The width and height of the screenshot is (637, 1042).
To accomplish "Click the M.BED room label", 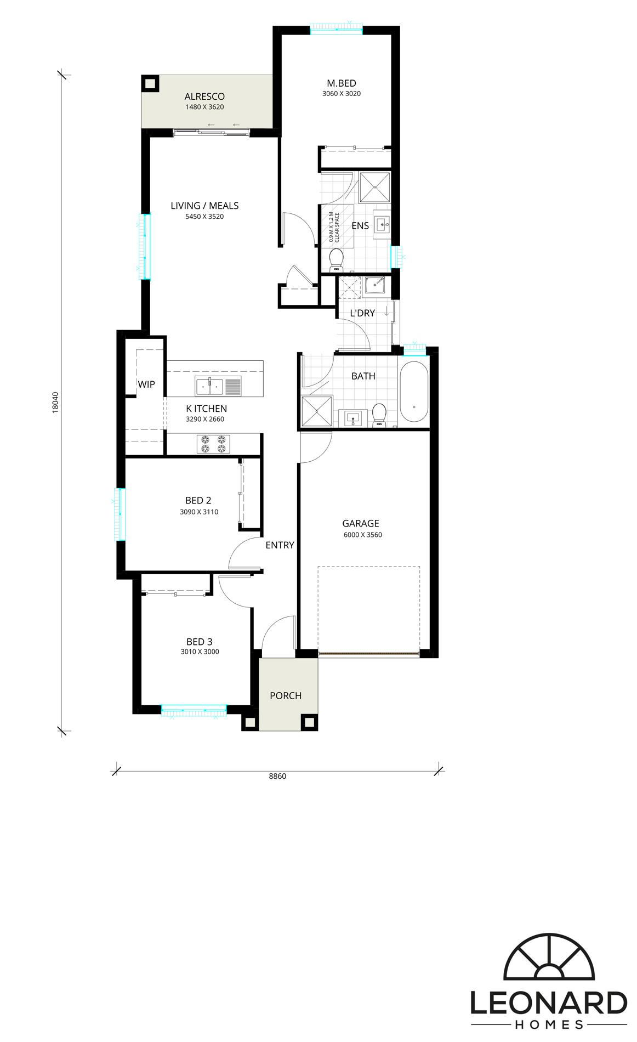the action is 342,83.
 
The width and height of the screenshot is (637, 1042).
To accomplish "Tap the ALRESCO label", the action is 204,97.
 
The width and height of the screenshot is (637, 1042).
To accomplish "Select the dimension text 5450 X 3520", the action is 204,217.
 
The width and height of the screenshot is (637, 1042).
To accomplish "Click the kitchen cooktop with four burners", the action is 213,444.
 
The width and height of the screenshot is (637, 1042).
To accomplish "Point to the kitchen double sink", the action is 210,387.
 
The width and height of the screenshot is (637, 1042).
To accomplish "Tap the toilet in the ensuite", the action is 336,260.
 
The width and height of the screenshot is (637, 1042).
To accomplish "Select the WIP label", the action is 146,384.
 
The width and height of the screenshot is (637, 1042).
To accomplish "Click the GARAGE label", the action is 361,524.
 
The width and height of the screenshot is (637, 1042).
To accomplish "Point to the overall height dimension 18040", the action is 55,402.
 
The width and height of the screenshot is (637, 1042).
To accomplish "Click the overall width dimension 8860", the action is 277,776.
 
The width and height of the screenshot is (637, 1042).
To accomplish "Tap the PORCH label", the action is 286,695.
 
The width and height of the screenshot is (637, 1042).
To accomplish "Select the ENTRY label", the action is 280,545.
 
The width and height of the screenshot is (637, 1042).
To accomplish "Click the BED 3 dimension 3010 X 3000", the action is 200,652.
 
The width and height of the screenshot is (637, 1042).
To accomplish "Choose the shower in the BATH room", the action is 317,411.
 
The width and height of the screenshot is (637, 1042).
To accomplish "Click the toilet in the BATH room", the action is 379,415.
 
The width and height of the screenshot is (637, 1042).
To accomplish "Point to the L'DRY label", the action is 362,313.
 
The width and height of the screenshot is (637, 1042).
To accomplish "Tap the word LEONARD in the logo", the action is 549,1004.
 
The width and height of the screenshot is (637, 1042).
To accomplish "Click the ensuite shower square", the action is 374,187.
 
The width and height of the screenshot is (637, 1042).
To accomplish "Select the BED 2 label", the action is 198,501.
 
